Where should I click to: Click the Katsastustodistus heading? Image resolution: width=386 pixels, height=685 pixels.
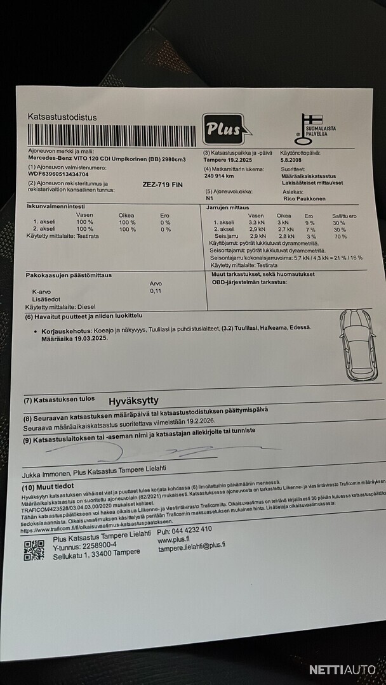click(62, 117)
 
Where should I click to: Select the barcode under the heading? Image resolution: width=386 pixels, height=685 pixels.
click(112, 136)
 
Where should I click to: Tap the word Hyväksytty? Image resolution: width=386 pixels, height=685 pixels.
click(133, 401)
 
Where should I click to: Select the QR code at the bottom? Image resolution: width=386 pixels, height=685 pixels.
click(34, 550)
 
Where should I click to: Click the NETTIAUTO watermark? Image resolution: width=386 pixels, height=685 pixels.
click(343, 669)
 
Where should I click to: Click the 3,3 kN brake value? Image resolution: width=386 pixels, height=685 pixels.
click(256, 223)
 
